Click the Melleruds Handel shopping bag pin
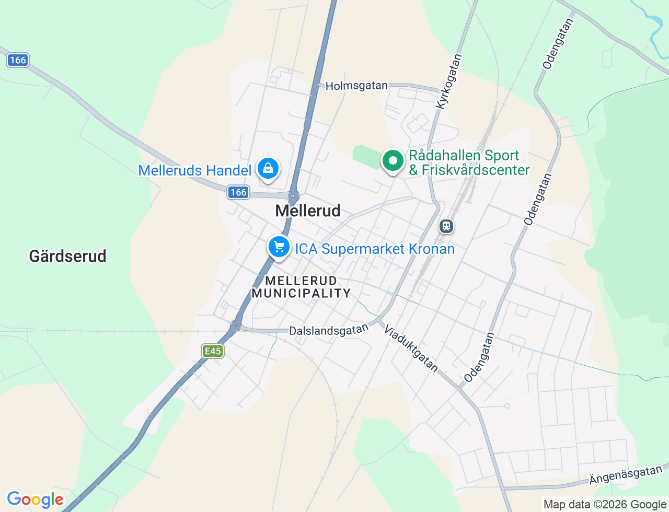click(x=268, y=168)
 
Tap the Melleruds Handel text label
click(x=194, y=170)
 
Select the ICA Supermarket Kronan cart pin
click(x=279, y=247)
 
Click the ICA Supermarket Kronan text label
click(x=375, y=249)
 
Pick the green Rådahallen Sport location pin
click(x=393, y=160)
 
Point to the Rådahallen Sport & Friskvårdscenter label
click(x=469, y=162)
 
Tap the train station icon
click(x=446, y=226)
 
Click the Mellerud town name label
click(x=308, y=211)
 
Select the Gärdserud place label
click(x=68, y=256)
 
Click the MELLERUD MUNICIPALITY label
click(x=301, y=287)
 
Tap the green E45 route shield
click(x=213, y=351)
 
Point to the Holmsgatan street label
click(x=356, y=86)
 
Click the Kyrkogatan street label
click(x=449, y=82)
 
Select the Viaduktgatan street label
click(x=411, y=349)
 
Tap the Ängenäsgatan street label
click(x=625, y=475)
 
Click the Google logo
click(x=35, y=500)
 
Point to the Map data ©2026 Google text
click(x=605, y=504)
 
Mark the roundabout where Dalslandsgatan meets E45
click(x=236, y=327)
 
